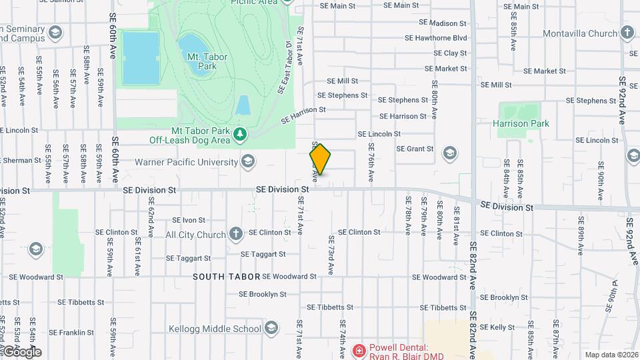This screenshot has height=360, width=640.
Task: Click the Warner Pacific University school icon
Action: (248, 161)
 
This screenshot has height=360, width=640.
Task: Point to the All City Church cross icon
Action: (235, 234)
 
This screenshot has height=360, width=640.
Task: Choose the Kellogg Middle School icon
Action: (271, 328)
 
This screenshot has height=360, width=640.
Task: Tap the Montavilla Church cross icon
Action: (627, 33)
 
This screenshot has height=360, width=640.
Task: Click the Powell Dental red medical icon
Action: (359, 350)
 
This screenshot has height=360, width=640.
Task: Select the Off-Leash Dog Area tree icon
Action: (240, 135)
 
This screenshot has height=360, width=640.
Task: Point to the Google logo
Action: (21, 351)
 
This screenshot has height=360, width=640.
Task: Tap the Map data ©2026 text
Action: (611, 355)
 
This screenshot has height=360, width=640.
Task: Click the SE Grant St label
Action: (415, 149)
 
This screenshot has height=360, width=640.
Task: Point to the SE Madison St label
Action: (447, 23)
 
